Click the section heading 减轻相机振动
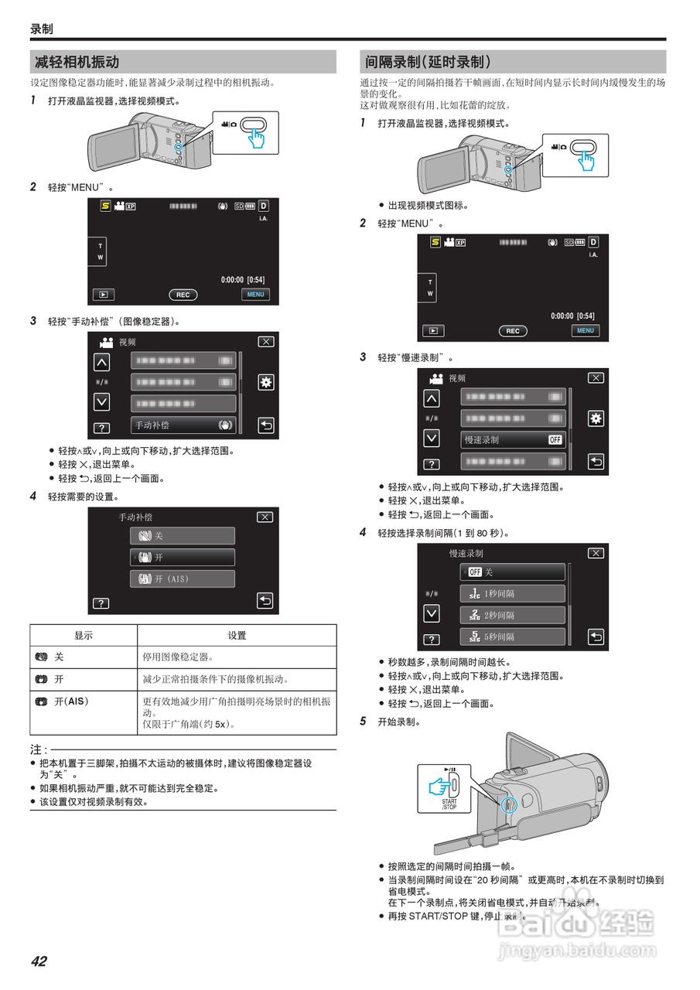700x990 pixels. (77, 63)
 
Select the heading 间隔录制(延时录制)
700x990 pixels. (428, 63)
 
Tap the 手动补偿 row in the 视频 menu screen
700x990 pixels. (183, 425)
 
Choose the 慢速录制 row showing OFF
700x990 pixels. (513, 439)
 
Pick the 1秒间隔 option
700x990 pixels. (512, 594)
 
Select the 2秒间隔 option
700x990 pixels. (512, 616)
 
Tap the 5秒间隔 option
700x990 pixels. (512, 637)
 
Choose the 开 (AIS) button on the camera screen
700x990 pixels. (182, 579)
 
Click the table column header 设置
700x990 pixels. (237, 636)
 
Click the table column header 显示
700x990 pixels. (84, 636)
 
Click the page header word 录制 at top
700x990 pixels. (42, 29)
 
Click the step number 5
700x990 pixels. (363, 722)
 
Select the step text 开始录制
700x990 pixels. (398, 722)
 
